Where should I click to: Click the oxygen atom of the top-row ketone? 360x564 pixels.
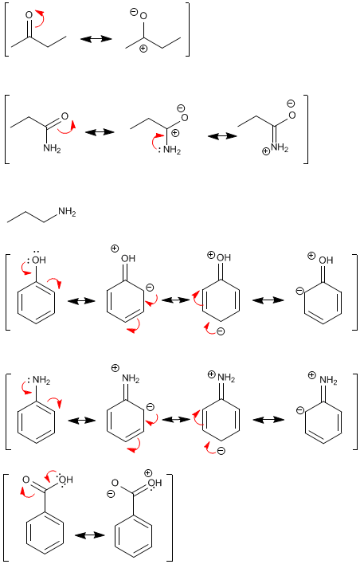(x=29, y=15)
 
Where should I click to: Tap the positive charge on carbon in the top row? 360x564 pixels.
(x=143, y=49)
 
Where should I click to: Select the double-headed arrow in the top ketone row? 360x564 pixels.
(x=96, y=38)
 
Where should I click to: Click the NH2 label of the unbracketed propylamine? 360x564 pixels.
(x=67, y=212)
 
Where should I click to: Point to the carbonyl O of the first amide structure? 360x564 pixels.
(x=65, y=116)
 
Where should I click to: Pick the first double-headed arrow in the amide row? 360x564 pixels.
(x=100, y=132)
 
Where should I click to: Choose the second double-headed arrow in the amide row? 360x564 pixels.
(x=223, y=136)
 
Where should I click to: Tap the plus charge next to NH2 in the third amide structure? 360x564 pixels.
(x=266, y=151)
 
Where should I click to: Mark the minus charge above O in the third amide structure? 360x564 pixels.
(x=291, y=104)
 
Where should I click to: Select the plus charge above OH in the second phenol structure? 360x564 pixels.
(x=115, y=249)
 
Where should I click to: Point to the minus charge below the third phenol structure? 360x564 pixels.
(x=221, y=331)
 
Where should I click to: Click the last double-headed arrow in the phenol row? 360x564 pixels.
(x=268, y=300)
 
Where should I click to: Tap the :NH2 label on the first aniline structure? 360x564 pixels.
(x=39, y=380)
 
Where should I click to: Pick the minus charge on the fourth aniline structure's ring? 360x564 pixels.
(x=300, y=410)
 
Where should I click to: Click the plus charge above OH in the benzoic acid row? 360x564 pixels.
(x=148, y=473)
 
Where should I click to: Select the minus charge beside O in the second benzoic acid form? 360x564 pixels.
(x=112, y=494)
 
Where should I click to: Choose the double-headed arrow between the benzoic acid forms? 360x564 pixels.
(x=89, y=535)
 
